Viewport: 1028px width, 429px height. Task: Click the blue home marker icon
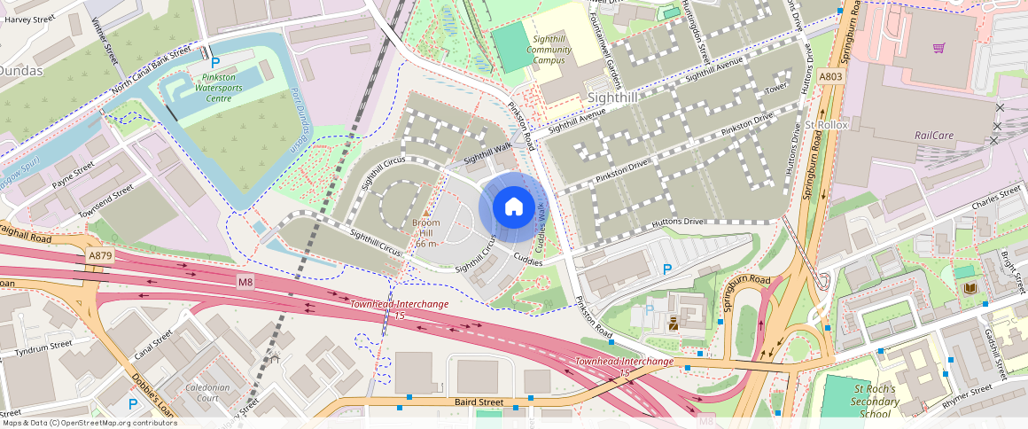pos(513,207)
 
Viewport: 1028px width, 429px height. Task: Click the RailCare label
pos(932,136)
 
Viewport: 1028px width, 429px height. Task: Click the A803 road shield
pos(830,77)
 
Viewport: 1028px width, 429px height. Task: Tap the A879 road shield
pos(100,255)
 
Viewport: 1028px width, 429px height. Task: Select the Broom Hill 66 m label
pos(426,233)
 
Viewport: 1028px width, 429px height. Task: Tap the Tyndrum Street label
pos(36,347)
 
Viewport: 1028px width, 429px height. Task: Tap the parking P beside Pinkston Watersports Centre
pos(215,63)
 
